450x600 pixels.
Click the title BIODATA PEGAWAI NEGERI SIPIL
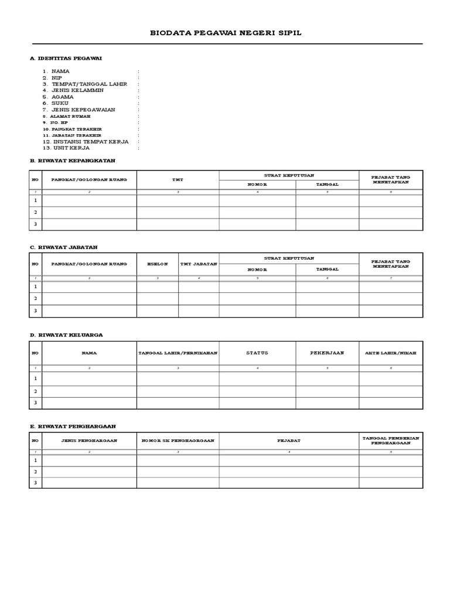[x=226, y=33]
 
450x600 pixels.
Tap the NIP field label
[x=56, y=78]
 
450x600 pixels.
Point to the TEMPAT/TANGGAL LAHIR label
[x=89, y=84]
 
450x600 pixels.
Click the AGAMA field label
[x=63, y=97]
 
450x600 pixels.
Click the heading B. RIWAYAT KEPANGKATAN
[x=73, y=160]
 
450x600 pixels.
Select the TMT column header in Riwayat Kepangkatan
[x=178, y=180]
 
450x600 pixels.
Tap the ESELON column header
[x=158, y=264]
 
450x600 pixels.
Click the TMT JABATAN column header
[x=199, y=264]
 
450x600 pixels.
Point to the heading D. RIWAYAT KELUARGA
[x=66, y=335]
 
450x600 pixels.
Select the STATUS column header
[x=257, y=353]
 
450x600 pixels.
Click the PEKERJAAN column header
[x=327, y=353]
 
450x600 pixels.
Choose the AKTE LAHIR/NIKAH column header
[x=390, y=353]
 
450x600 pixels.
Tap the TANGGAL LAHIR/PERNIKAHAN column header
[x=178, y=353]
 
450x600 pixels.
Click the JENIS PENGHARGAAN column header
[x=89, y=441]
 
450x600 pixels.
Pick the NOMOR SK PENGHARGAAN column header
[x=178, y=441]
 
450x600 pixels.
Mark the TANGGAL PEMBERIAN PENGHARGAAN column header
[x=390, y=441]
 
